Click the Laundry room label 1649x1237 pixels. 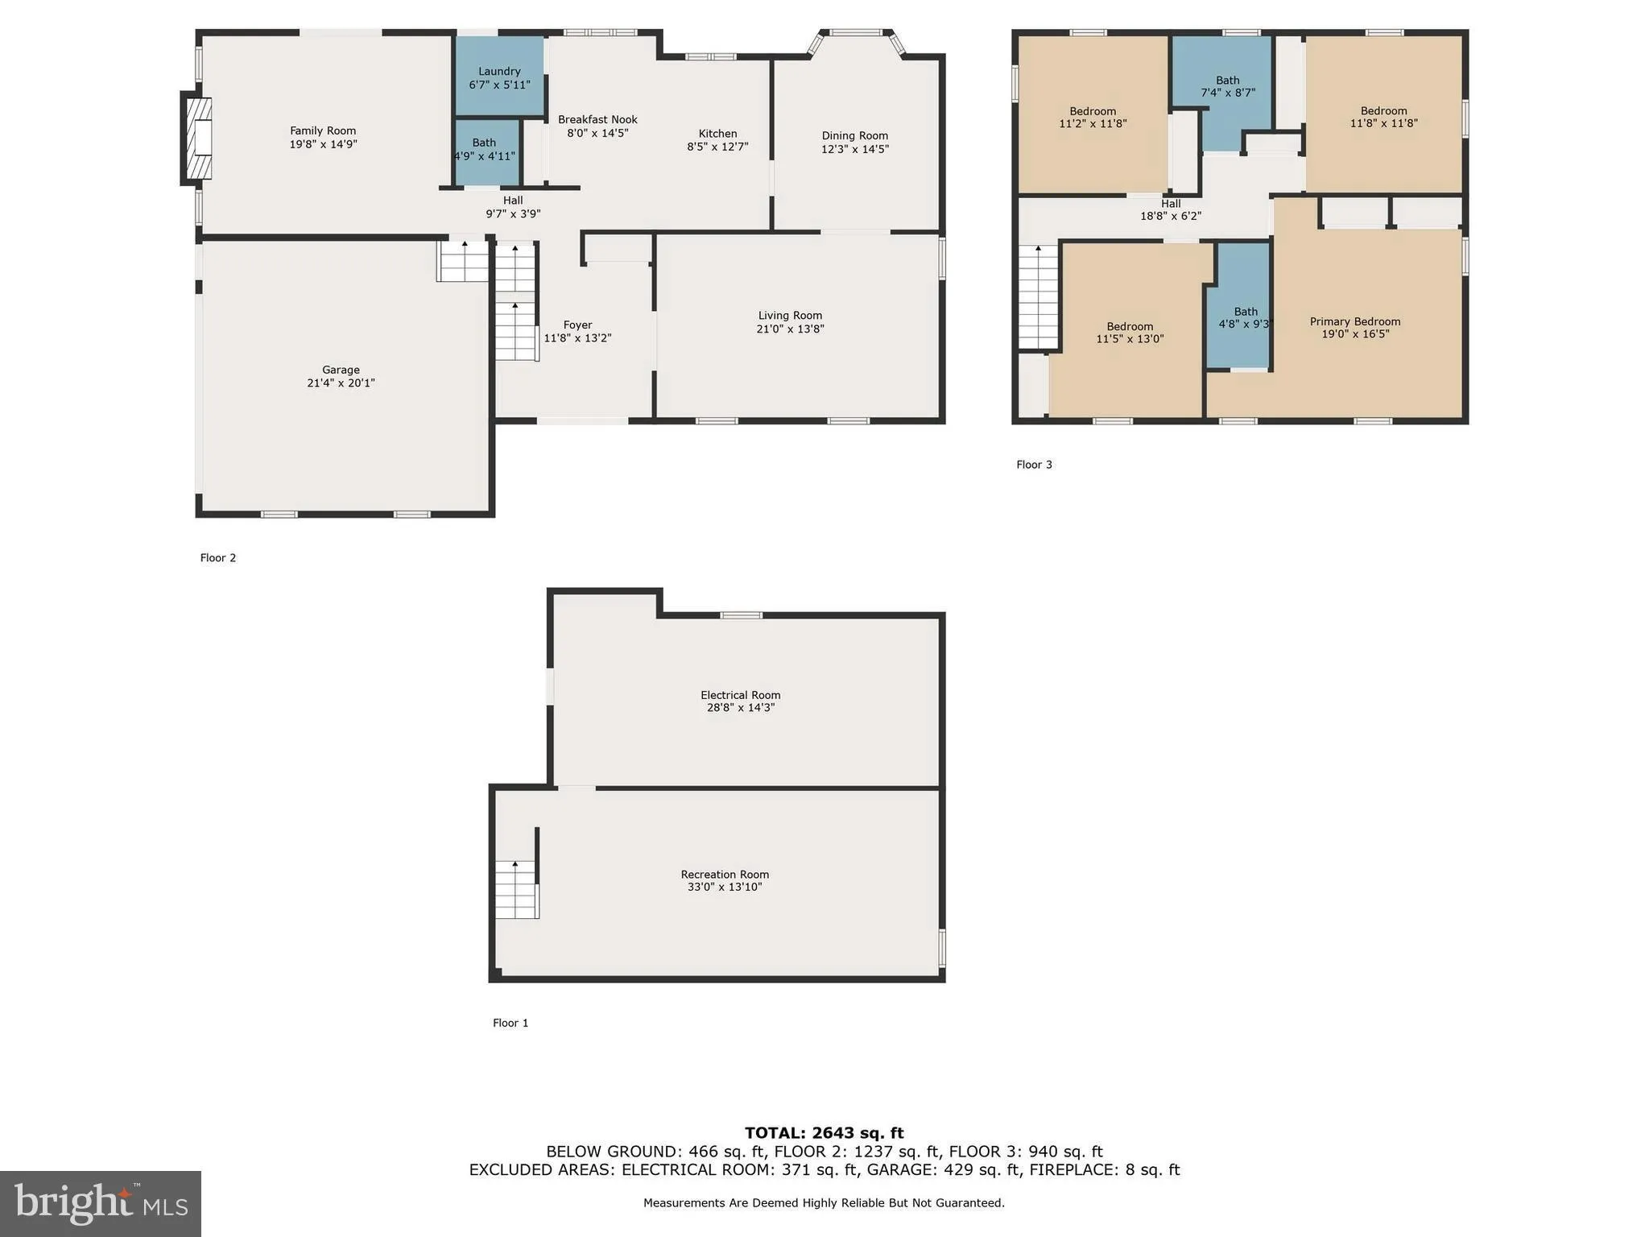499,72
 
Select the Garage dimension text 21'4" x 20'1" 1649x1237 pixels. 341,383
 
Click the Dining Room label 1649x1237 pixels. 854,136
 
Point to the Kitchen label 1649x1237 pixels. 717,134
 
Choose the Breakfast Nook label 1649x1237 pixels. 597,120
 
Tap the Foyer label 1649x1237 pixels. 577,325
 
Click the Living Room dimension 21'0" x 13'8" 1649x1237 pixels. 790,329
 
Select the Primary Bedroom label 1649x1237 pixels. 1354,321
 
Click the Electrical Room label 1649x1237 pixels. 740,695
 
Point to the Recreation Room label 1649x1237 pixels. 725,875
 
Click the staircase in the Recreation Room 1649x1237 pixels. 516,889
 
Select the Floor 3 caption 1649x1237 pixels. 1034,465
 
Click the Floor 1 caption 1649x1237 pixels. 510,1023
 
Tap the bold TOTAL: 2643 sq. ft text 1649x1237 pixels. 824,1133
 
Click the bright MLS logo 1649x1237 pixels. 101,1203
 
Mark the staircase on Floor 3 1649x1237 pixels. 1038,296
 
